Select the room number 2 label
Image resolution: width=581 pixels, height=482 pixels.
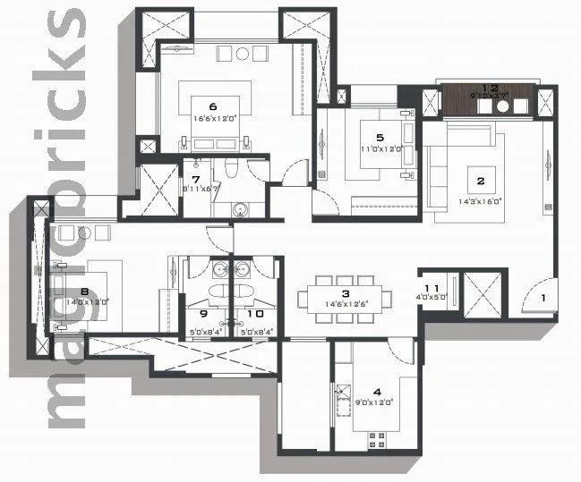point(481,181)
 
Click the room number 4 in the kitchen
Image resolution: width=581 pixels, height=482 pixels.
point(377,391)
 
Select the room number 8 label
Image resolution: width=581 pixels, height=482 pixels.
point(83,290)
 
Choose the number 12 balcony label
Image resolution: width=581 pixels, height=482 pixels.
point(489,88)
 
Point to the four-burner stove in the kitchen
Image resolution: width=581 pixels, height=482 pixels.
point(377,439)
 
